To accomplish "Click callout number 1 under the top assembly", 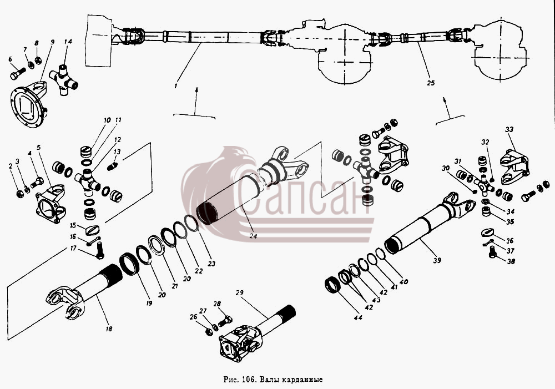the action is coord(176,85).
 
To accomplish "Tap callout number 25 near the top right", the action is coord(431,83).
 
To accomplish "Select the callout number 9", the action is coord(52,42).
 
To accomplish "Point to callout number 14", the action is coord(68,42).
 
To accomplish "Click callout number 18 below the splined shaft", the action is coord(109,329).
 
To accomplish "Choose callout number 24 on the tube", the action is coord(253,236).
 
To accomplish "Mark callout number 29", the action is coord(240,293).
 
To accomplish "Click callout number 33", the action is coord(509,129).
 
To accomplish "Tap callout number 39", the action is coord(437,260).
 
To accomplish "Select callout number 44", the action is coord(358,318).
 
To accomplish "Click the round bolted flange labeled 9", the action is coord(29,105).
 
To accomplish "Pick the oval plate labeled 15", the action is coord(93,230).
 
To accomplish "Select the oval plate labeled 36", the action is coord(488,232).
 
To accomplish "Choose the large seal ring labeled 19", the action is coord(129,264).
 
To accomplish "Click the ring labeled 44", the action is coord(332,284).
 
